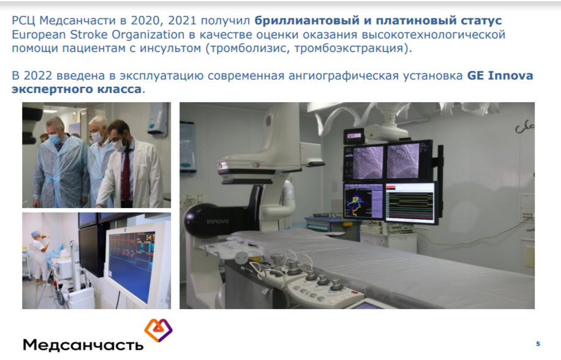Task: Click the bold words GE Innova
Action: [x=500, y=76]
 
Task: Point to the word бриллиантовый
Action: [x=307, y=21]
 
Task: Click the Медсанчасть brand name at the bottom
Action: [x=83, y=345]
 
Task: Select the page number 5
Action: [x=538, y=344]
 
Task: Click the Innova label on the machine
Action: [x=217, y=222]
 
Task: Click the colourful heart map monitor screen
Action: [x=363, y=201]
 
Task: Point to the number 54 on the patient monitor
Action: [x=148, y=238]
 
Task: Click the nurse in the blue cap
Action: [x=39, y=257]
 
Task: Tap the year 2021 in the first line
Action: [x=182, y=21]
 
